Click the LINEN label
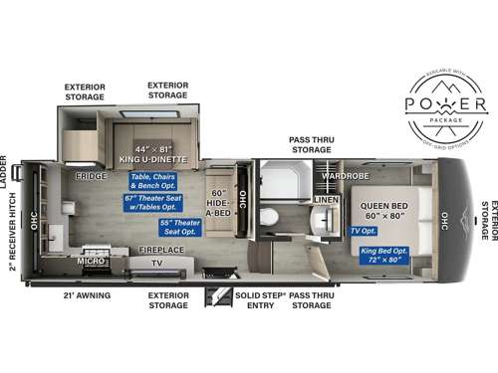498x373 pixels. coord(326,200)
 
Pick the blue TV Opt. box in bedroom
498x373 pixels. coord(363,231)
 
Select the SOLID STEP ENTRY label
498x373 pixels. coord(261,300)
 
